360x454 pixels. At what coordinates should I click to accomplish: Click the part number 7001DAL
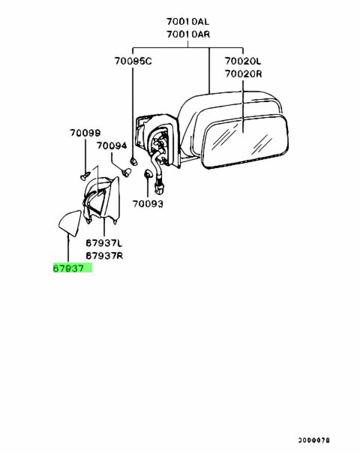point(187,22)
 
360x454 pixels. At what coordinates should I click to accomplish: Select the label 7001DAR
point(188,35)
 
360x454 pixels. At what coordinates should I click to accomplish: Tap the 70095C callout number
point(133,61)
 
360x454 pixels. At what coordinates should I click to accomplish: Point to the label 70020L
point(243,61)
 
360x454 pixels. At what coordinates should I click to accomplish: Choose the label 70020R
point(243,74)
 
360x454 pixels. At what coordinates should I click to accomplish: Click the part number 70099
point(85,133)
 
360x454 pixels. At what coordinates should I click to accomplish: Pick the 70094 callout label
point(112,146)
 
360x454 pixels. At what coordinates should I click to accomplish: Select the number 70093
point(148,204)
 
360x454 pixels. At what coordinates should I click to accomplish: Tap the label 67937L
point(104,243)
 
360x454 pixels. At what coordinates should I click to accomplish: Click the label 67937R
point(104,255)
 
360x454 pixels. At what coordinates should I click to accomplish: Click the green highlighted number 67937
point(68,269)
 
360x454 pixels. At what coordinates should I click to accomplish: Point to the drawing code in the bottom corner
point(313,440)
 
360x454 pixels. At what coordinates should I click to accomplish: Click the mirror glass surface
point(245,142)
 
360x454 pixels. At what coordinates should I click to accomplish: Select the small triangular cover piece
point(70,223)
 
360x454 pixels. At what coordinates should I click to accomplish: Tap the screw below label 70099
point(85,176)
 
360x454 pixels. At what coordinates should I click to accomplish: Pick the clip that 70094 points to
point(126,173)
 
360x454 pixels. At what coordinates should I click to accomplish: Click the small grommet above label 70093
point(147,174)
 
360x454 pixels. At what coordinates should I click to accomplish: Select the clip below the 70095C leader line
point(133,161)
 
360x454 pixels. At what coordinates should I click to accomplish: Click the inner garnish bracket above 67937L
point(101,200)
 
